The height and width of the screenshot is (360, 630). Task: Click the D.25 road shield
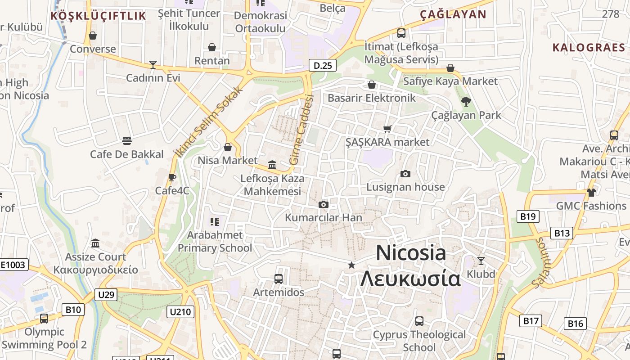coord(323,66)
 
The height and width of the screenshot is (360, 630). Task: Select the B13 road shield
coord(562,233)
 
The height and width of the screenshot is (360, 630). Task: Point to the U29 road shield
coord(106,295)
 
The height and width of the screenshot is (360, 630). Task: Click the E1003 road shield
coord(13,265)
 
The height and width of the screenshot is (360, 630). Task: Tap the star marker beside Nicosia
coord(351,265)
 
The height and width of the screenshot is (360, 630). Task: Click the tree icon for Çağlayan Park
coord(466,102)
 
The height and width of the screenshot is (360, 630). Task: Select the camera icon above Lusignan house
coord(405,174)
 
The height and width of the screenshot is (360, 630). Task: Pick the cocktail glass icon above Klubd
coord(481,261)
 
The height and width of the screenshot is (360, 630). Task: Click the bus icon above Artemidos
coord(279,279)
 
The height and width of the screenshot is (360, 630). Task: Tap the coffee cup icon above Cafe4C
coord(172,177)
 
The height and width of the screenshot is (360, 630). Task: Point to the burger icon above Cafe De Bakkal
coord(126,141)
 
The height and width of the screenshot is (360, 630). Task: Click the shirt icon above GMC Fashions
coord(591,193)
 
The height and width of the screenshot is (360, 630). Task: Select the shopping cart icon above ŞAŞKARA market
coord(387,129)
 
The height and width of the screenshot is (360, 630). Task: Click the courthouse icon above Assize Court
coord(95,243)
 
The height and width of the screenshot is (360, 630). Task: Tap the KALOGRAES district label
coord(589,48)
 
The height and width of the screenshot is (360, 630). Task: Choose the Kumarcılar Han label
coord(324,218)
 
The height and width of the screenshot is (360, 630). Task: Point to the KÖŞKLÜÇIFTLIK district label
coord(98,16)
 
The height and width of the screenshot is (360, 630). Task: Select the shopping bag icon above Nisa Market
coord(228,147)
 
